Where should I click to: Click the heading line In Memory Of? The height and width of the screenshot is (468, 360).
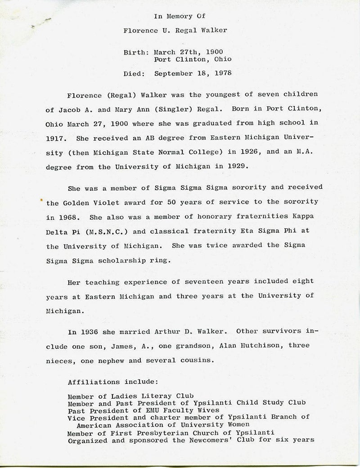(x=180, y=17)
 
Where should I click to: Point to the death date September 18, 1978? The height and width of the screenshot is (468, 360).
(x=193, y=74)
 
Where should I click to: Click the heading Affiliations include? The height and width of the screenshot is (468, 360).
(x=112, y=382)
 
